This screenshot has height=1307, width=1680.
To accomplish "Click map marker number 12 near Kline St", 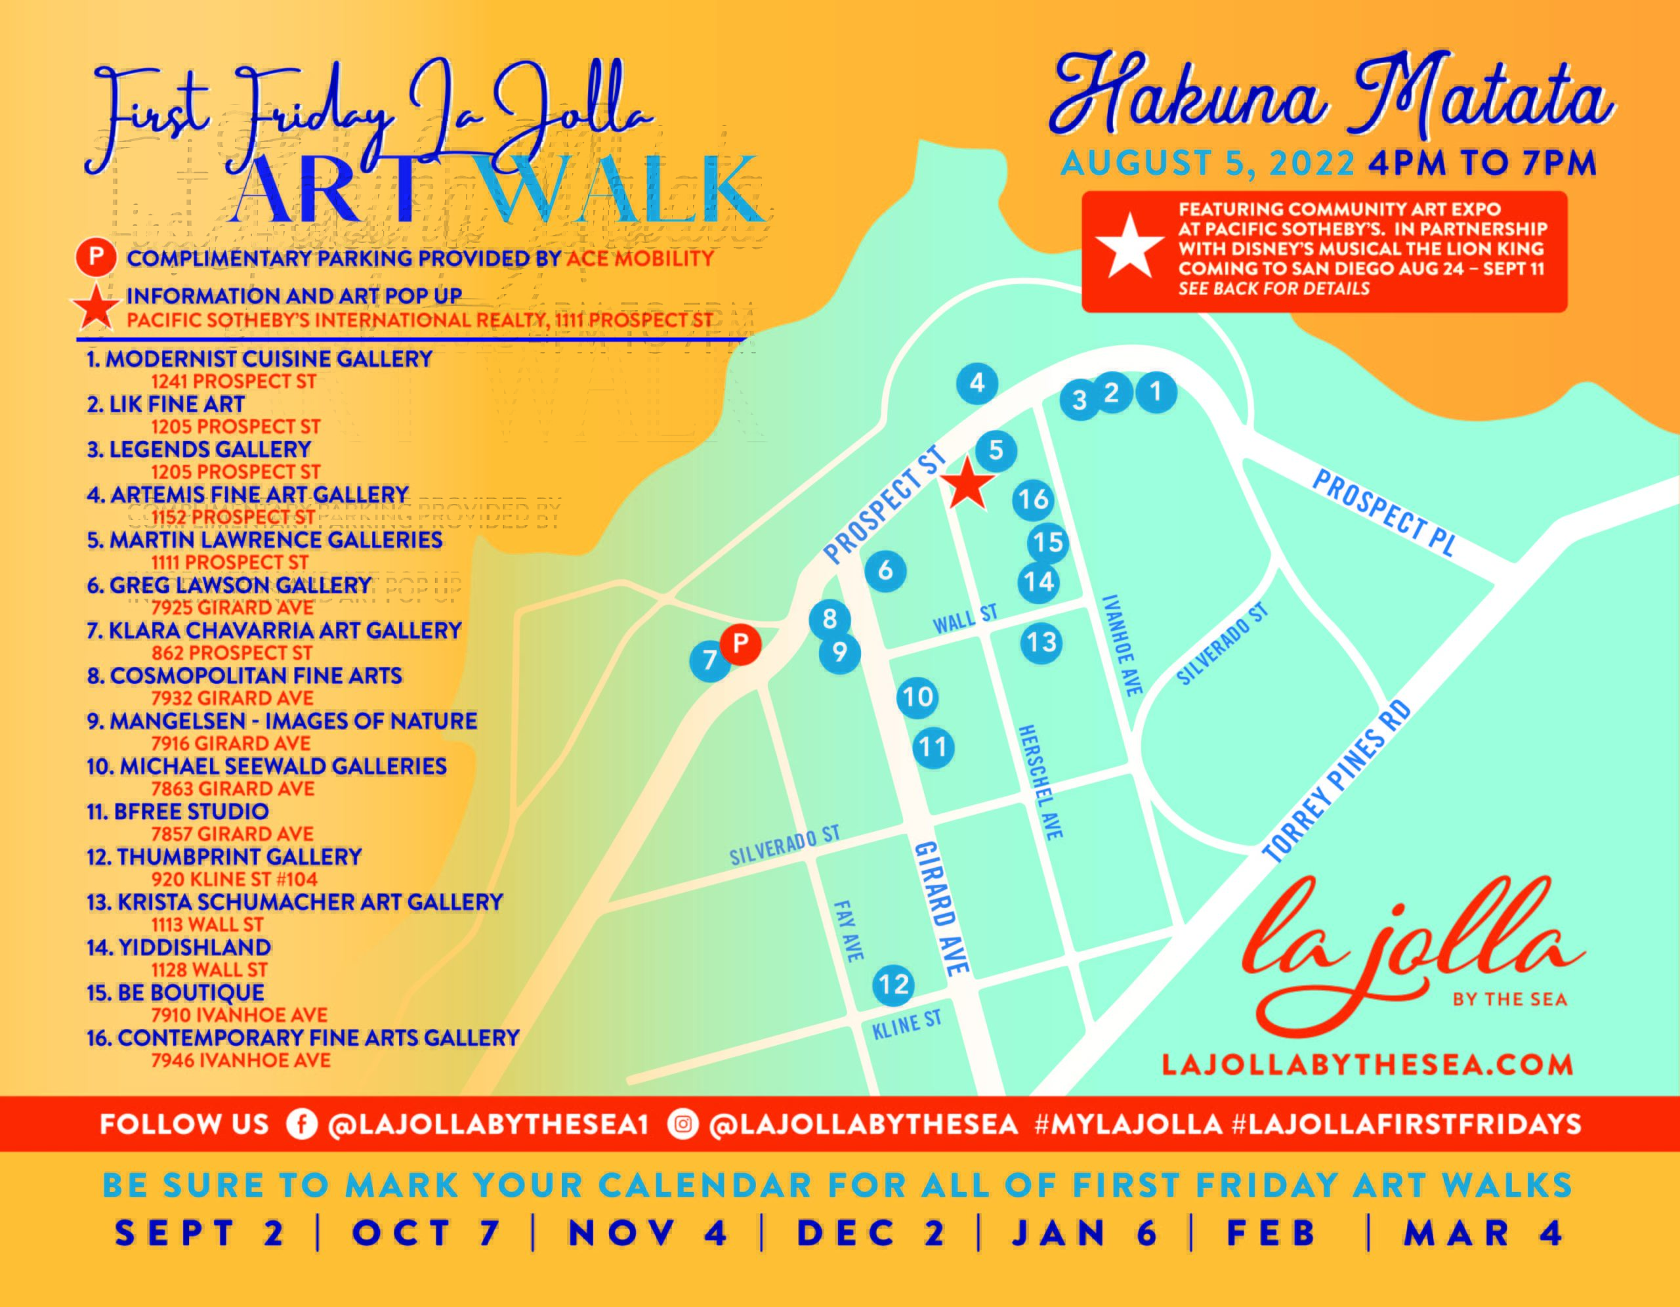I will click(893, 985).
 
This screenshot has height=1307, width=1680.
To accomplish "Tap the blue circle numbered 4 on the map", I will click(977, 383).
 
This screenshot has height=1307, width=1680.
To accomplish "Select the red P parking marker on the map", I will click(740, 644).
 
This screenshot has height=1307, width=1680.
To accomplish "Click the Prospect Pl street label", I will click(1383, 513).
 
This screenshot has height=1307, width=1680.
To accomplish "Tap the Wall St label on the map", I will click(965, 618).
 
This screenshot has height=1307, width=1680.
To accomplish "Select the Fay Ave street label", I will click(849, 931).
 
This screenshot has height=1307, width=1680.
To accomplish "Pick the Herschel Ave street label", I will click(1041, 782).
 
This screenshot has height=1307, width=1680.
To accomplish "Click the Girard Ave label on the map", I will click(941, 908).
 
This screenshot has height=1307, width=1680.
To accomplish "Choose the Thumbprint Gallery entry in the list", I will click(238, 857).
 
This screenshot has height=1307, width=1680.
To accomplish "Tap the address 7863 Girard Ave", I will click(232, 788).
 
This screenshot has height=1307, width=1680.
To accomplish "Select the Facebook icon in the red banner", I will click(301, 1125).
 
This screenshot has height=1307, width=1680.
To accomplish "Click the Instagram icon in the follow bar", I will click(682, 1125).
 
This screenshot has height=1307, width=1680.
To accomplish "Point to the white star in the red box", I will click(1129, 246).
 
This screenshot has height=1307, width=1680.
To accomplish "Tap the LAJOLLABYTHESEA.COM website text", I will click(1367, 1065).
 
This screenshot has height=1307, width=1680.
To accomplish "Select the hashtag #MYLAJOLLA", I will click(1129, 1125).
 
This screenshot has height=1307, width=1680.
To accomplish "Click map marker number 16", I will click(1032, 500).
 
